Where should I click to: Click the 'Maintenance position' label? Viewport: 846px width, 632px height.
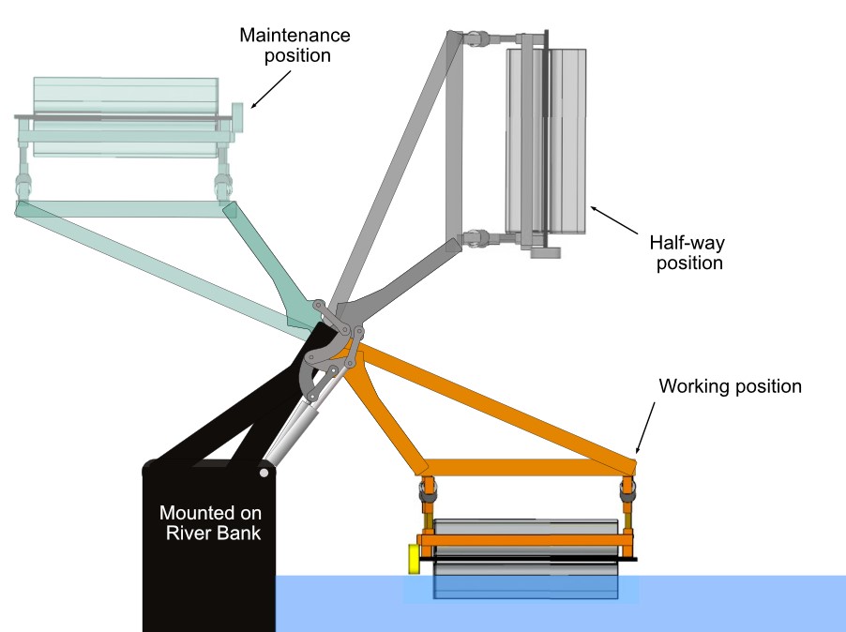(x=295, y=45)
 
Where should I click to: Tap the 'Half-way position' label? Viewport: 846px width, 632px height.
(x=688, y=252)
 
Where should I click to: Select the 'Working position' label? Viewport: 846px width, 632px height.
(x=730, y=386)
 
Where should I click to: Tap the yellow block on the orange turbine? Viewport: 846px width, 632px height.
(x=414, y=558)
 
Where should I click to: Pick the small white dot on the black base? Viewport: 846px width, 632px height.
(x=264, y=474)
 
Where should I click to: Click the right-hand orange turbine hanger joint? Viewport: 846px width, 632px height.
(x=627, y=489)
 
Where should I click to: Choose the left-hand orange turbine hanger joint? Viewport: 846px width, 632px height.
(x=428, y=489)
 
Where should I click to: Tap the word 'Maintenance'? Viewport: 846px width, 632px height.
(x=295, y=35)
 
